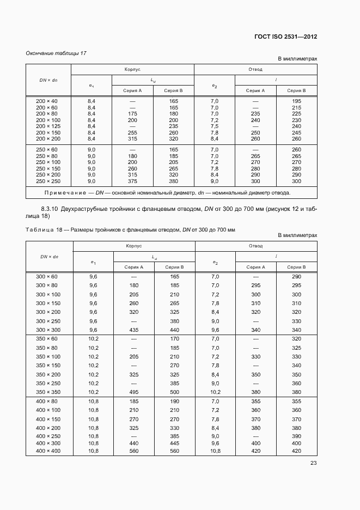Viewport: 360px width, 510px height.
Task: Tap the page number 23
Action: (313, 463)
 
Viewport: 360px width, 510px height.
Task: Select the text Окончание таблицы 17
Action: (56, 53)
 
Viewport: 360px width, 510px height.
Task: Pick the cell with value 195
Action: (296, 101)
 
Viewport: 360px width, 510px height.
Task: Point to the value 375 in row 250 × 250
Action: (132, 181)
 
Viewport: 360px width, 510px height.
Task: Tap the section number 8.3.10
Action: (51, 209)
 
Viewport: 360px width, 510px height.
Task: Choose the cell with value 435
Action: (133, 330)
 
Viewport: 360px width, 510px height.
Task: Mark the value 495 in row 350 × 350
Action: (133, 392)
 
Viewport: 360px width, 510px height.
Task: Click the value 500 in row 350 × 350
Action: (174, 392)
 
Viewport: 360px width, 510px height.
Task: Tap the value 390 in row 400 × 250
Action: (296, 436)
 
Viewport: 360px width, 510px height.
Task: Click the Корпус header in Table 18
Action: (133, 246)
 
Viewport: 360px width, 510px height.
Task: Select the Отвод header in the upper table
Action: (255, 70)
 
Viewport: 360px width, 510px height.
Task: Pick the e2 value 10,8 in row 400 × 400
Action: (215, 452)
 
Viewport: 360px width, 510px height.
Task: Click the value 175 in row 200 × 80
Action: (132, 114)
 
